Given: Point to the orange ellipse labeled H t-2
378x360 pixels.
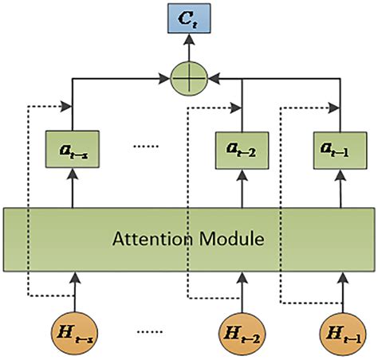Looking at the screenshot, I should tap(240, 333).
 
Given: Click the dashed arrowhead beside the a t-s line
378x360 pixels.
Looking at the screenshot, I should tap(65, 104).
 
